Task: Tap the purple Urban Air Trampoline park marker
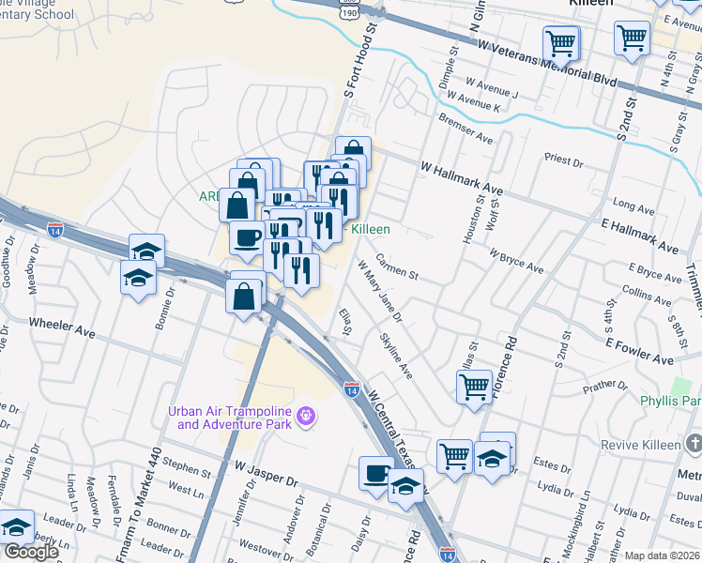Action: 304,415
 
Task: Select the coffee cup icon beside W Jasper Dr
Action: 376,472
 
